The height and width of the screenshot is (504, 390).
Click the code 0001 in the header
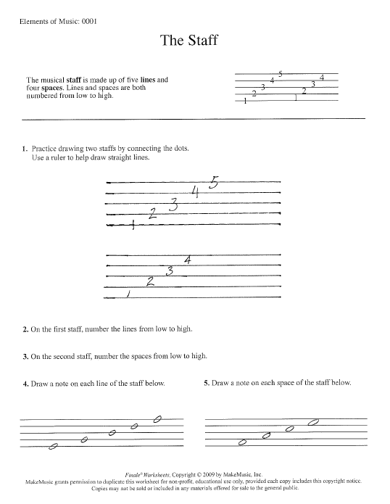(x=86, y=21)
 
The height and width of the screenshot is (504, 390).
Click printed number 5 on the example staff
(x=281, y=73)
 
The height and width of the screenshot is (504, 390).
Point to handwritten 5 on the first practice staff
(x=212, y=183)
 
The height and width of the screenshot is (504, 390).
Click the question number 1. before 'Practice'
(x=25, y=149)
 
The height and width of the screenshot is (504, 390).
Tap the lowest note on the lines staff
(x=52, y=447)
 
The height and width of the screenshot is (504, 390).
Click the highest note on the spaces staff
(x=315, y=422)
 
